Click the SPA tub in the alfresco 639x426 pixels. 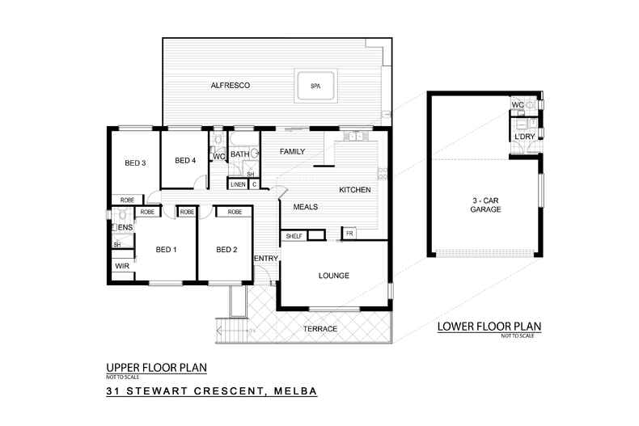[316, 86]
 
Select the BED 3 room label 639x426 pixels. [135, 162]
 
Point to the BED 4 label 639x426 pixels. [185, 160]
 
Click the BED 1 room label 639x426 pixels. [166, 249]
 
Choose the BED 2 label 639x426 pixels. [226, 249]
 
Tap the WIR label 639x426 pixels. [122, 265]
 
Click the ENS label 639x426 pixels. [126, 228]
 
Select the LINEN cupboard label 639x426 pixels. [237, 184]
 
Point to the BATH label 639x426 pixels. [239, 154]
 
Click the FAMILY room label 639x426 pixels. [292, 152]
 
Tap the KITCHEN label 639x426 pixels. [354, 190]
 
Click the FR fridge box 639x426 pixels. [349, 233]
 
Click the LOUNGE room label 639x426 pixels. [333, 276]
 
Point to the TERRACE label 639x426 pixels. [320, 329]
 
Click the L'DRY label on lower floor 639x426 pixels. [523, 137]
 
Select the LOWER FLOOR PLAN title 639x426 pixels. [489, 327]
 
